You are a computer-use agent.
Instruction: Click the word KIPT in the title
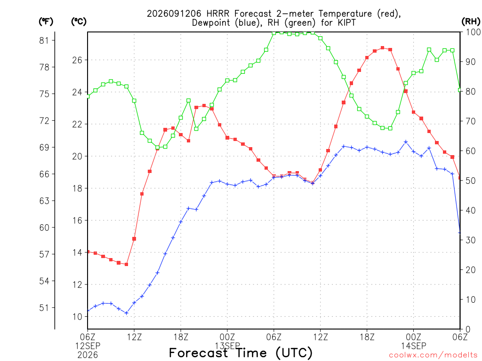point(345,23)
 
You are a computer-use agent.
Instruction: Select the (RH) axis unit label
point(471,22)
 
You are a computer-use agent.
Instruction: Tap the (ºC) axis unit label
point(79,22)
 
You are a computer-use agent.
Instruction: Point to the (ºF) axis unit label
point(46,22)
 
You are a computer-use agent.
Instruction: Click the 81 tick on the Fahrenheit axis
point(44,40)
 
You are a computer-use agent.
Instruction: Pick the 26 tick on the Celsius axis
point(77,60)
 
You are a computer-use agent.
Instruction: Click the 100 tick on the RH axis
point(473,32)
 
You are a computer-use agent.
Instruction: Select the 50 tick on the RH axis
point(471,180)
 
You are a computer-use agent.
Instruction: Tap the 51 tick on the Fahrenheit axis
point(44,307)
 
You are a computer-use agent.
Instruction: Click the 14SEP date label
point(413,346)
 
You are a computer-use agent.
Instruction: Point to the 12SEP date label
point(88,346)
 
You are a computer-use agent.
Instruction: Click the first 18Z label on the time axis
point(181,337)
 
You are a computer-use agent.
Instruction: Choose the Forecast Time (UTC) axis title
point(241,353)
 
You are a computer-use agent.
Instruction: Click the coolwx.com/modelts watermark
point(433,355)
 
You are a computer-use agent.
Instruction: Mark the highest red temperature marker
point(382,48)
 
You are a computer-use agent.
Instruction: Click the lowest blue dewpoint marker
point(126,313)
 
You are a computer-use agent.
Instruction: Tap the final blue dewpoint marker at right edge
point(459,233)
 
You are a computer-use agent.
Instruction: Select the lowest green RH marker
point(157,148)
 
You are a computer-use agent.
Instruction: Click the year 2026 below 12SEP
point(88,355)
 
